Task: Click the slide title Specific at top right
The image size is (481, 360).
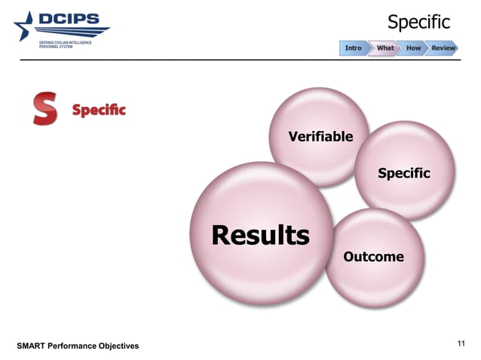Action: [418, 23]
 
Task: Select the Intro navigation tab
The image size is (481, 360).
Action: [353, 48]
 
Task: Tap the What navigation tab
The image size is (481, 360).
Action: [384, 48]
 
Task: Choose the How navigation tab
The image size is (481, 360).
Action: [413, 48]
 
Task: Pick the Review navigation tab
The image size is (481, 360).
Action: [443, 48]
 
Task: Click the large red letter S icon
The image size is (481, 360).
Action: [44, 109]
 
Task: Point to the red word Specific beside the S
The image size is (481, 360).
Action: [99, 111]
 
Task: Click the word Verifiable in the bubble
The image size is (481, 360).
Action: [320, 136]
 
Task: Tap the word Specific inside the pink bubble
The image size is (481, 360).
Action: [403, 174]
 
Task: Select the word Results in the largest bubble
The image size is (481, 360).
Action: [260, 236]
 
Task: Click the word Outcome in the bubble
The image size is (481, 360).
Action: [373, 258]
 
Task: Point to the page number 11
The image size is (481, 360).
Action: [462, 344]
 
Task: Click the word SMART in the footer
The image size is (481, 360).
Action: [33, 346]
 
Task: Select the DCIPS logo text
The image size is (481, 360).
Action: [73, 20]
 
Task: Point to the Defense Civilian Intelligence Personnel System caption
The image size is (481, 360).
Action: [66, 45]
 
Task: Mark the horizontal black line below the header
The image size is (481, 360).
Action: [240, 59]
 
